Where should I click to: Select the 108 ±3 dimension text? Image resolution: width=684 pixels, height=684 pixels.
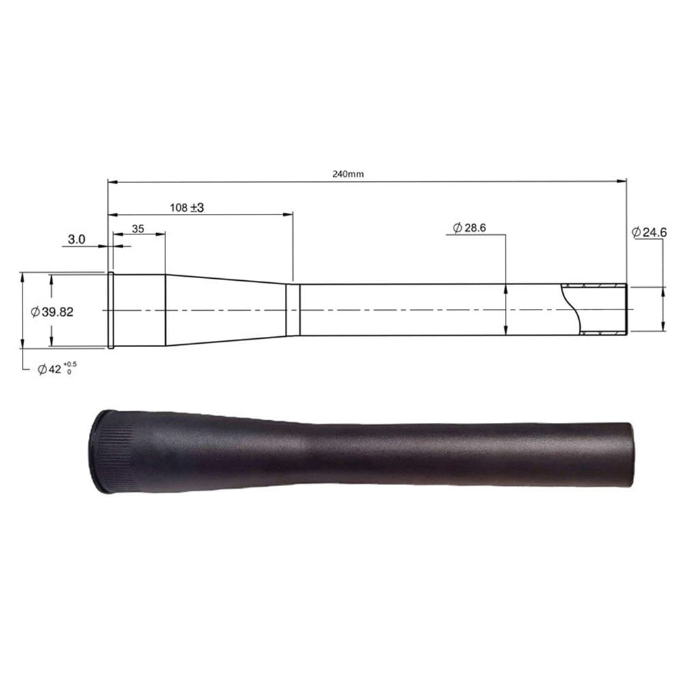pyautogui.click(x=187, y=206)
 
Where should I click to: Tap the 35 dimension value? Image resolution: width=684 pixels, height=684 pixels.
pyautogui.click(x=138, y=230)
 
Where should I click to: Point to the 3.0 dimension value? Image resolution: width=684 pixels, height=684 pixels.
pyautogui.click(x=77, y=239)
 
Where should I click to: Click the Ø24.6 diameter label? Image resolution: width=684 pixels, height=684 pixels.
pyautogui.click(x=649, y=233)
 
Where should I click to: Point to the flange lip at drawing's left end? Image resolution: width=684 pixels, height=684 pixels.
pyautogui.click(x=110, y=310)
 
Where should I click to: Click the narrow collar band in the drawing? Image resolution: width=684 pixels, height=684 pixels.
pyautogui.click(x=292, y=310)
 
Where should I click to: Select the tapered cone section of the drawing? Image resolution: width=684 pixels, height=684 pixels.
pyautogui.click(x=225, y=309)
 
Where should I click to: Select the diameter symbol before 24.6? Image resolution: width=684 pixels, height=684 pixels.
pyautogui.click(x=635, y=233)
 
